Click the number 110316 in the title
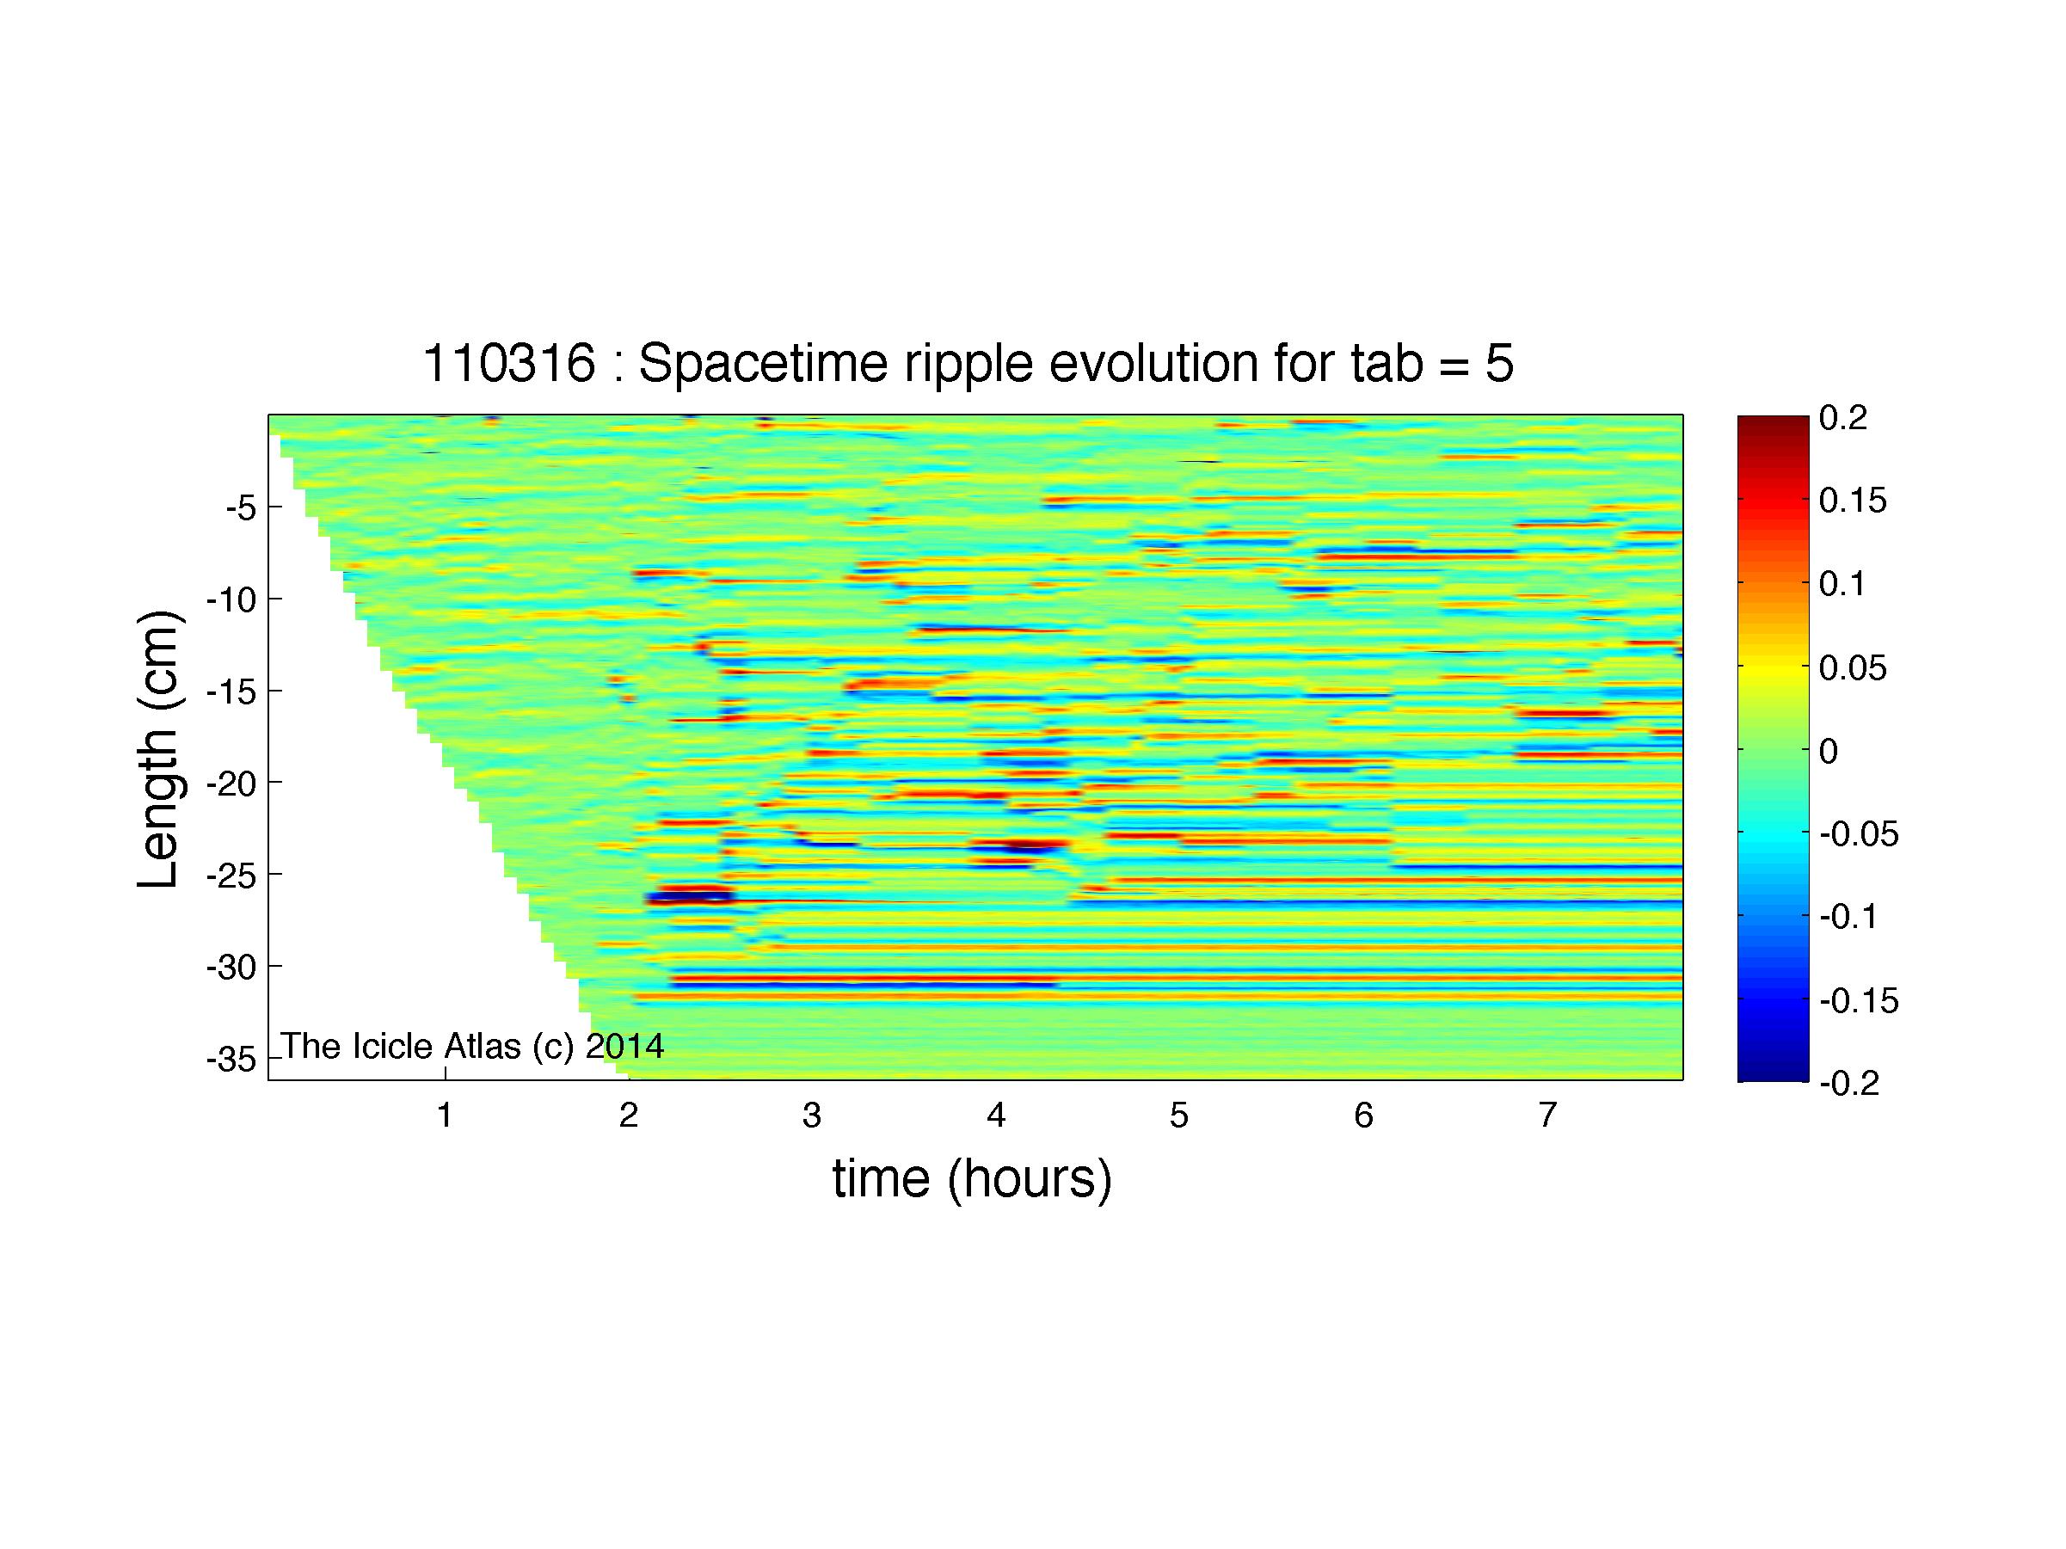[x=509, y=362]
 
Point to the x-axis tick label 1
[x=446, y=1114]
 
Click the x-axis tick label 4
[x=996, y=1114]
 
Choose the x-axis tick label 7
[x=1547, y=1114]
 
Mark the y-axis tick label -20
[x=231, y=783]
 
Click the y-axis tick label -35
[x=231, y=1060]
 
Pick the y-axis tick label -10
[x=231, y=599]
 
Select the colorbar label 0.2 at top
[x=1842, y=418]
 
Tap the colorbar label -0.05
[x=1860, y=833]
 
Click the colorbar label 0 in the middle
[x=1829, y=751]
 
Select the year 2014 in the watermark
[x=624, y=1046]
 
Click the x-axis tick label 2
[x=629, y=1114]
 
